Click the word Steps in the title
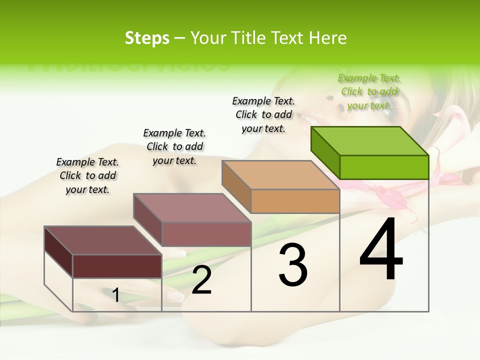click(x=147, y=38)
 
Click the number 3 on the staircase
click(x=293, y=264)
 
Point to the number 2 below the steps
click(x=201, y=280)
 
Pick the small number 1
click(x=116, y=295)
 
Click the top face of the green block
click(x=370, y=140)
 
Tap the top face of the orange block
click(x=281, y=175)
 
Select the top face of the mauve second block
click(x=192, y=208)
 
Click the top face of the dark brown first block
click(x=103, y=240)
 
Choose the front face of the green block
click(x=384, y=167)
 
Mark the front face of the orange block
click(x=295, y=201)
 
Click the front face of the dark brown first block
click(x=117, y=266)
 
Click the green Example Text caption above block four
click(x=369, y=91)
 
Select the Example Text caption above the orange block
click(x=263, y=114)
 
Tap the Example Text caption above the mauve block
click(x=174, y=146)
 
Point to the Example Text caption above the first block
click(x=87, y=175)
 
